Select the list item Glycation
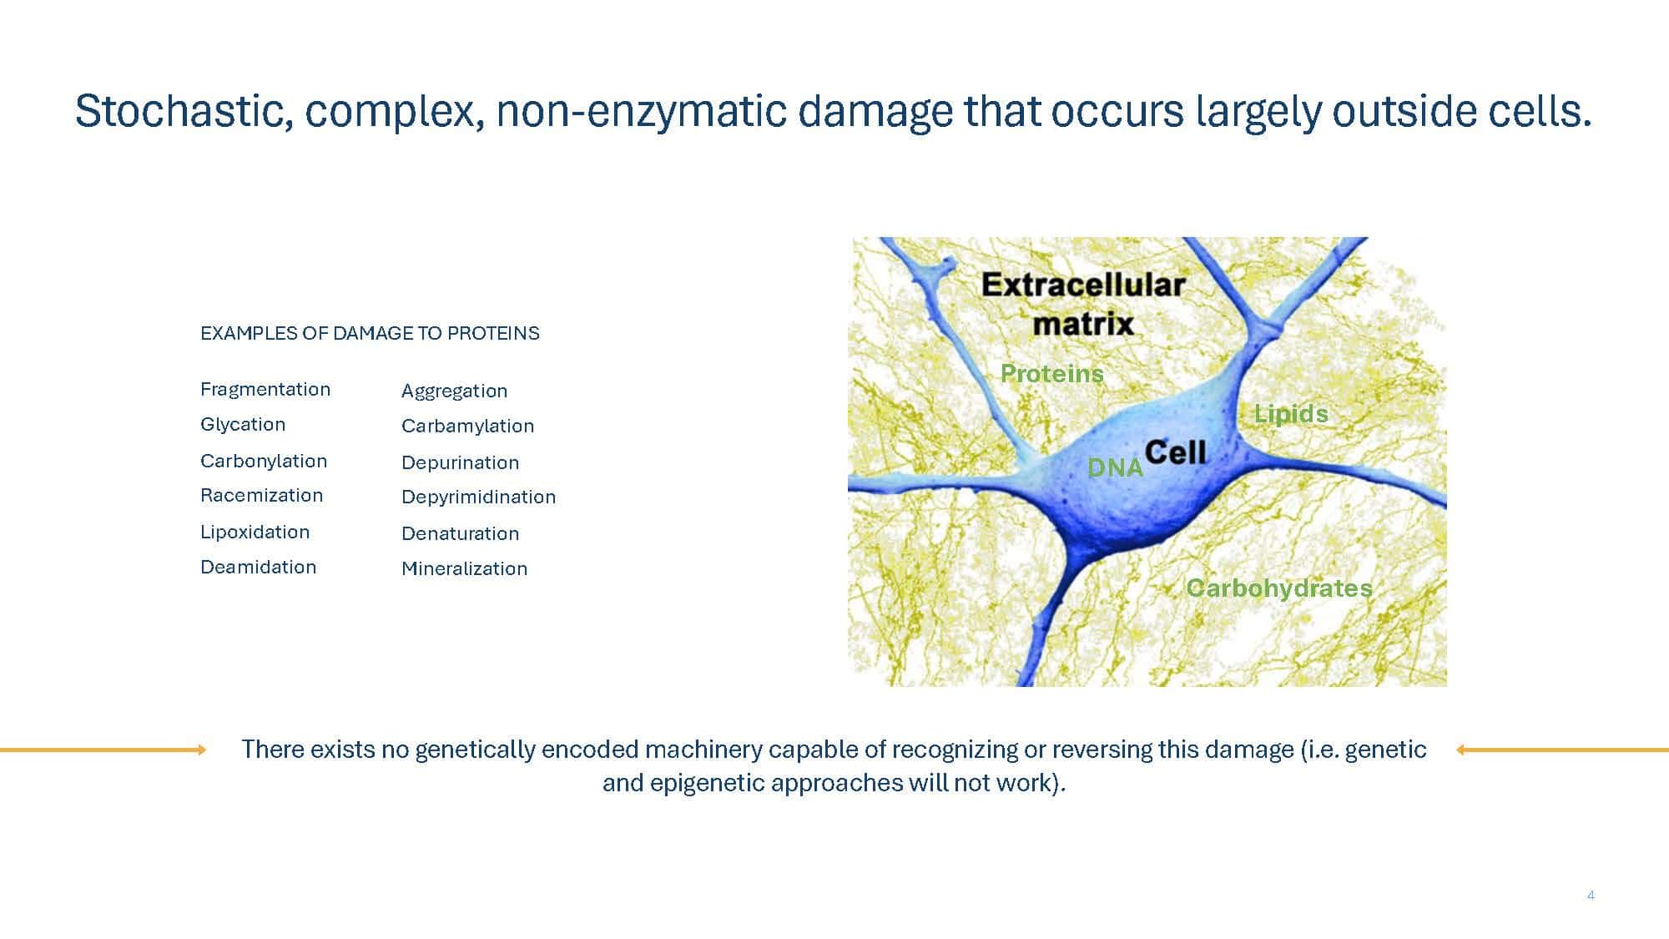click(x=243, y=424)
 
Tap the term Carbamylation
click(x=467, y=426)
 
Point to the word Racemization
click(x=261, y=495)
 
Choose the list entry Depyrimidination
click(x=478, y=497)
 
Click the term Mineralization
click(x=464, y=568)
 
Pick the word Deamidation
click(x=259, y=567)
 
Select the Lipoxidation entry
click(x=255, y=532)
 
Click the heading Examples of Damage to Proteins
click(x=370, y=333)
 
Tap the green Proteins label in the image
click(x=1051, y=373)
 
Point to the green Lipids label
click(x=1291, y=413)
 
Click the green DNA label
click(x=1115, y=467)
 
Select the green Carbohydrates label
click(x=1279, y=588)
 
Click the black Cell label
click(x=1176, y=452)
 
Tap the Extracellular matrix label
click(x=1083, y=303)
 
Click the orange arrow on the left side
click(x=103, y=750)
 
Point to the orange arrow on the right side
click(x=1562, y=750)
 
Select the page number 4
click(x=1591, y=896)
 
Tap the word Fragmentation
click(x=265, y=389)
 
